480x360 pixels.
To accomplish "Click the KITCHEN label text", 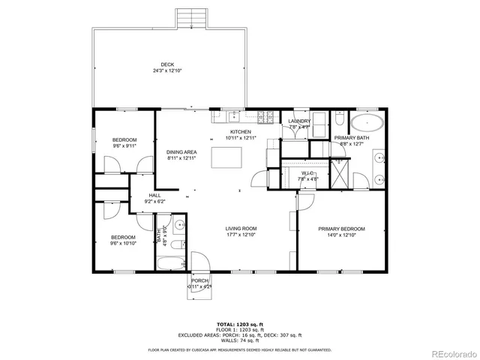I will tap(241, 132).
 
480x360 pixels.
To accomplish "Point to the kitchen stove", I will tap(265, 117).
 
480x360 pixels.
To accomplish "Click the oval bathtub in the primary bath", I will tap(367, 124).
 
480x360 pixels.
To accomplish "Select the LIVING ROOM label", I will tap(241, 229).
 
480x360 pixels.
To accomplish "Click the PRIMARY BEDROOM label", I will tap(341, 229).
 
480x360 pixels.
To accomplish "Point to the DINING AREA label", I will tap(181, 152).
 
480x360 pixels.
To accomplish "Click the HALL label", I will tap(154, 195).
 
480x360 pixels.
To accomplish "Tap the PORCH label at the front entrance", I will tap(199, 280).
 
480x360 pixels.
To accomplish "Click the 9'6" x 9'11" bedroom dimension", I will tap(124, 146).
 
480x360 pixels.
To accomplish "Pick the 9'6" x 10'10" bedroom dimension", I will tap(124, 244).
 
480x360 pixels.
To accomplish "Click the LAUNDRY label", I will tap(299, 121).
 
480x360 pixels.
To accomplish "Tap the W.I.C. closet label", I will tap(289, 173).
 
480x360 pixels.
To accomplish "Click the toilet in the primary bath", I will tap(339, 120).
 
